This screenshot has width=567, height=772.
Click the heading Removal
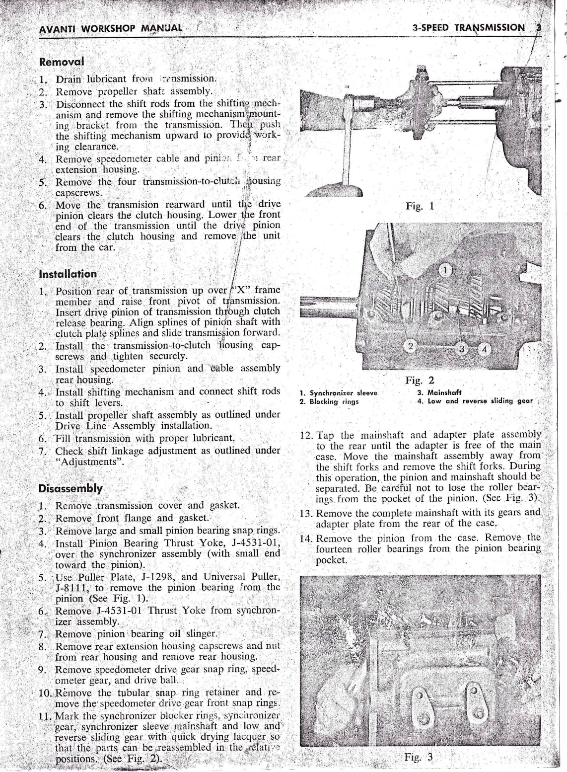(x=61, y=62)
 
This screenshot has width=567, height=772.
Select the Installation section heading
(x=68, y=274)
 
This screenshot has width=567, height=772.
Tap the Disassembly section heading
(x=71, y=488)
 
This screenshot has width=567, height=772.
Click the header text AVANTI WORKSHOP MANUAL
(x=110, y=28)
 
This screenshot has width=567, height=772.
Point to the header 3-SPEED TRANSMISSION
(x=468, y=28)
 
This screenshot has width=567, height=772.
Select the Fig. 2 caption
(x=420, y=381)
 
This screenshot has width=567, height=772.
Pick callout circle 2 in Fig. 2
(x=411, y=346)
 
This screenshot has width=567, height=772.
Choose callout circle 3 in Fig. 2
(x=462, y=349)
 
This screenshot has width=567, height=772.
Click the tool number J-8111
(x=72, y=588)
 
